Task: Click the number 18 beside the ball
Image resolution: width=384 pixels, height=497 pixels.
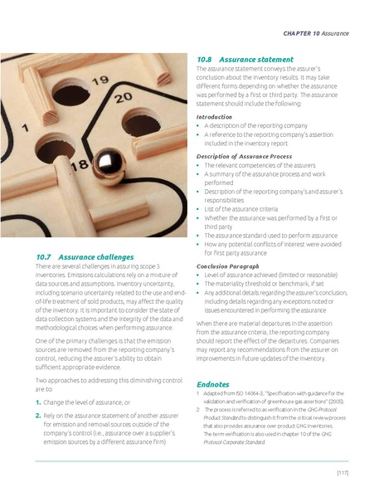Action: (x=80, y=166)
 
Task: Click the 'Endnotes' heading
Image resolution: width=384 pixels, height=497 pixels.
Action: (x=213, y=384)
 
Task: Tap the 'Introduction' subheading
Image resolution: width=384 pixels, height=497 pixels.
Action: (x=214, y=117)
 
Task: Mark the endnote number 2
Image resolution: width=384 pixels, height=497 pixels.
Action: (x=197, y=410)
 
